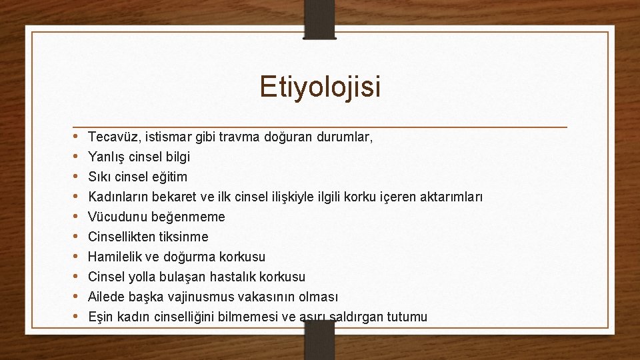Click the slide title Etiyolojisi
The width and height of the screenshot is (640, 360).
(x=320, y=87)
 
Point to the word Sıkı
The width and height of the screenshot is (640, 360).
(x=99, y=177)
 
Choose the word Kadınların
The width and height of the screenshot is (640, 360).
(x=118, y=197)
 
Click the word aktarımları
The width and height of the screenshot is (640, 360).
(x=450, y=197)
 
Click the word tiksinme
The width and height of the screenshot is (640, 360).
(x=183, y=237)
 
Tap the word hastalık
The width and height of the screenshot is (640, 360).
(x=235, y=277)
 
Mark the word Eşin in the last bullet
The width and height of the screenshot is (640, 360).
(x=100, y=317)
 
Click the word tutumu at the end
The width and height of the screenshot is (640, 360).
(x=405, y=317)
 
